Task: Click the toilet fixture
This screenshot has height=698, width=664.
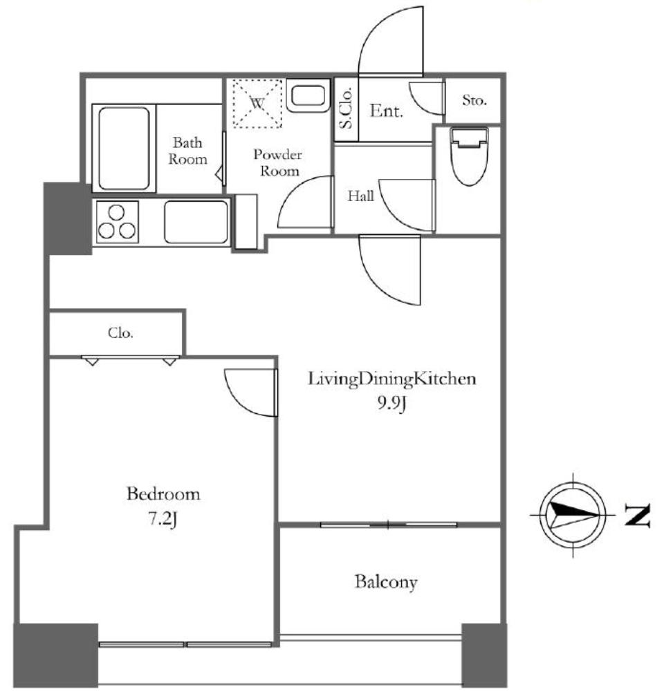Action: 469,155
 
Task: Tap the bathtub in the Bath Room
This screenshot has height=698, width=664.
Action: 124,148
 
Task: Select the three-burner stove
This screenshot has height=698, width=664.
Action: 117,222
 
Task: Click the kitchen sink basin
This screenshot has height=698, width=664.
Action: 196,222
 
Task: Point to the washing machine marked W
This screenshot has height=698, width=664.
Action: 257,104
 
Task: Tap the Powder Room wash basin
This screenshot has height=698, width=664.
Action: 308,95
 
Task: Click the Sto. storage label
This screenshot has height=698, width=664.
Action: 474,100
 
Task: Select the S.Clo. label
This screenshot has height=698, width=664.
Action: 346,109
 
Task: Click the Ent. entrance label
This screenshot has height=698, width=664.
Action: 386,111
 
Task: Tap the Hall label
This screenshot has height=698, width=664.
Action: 360,196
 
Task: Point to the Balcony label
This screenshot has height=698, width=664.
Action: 386,582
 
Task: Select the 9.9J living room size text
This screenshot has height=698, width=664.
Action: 391,404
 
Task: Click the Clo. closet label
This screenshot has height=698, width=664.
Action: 120,332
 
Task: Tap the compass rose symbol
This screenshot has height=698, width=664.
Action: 573,515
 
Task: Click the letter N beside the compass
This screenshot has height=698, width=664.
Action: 637,516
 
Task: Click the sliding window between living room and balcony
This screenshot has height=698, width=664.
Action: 389,525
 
